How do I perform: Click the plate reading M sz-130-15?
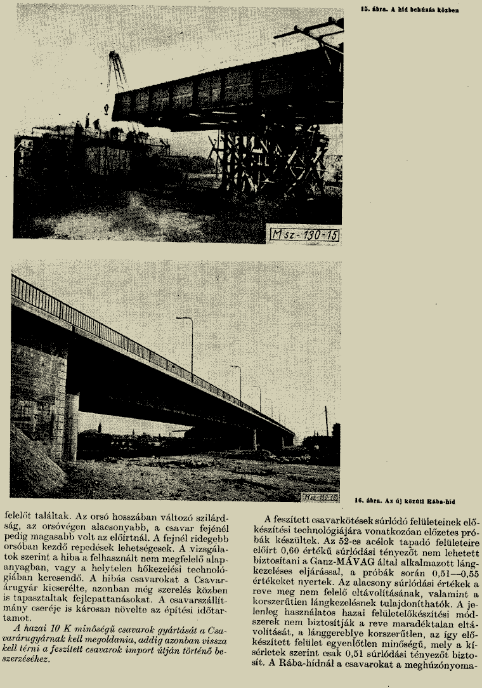304,235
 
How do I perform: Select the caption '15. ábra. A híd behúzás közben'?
408,10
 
